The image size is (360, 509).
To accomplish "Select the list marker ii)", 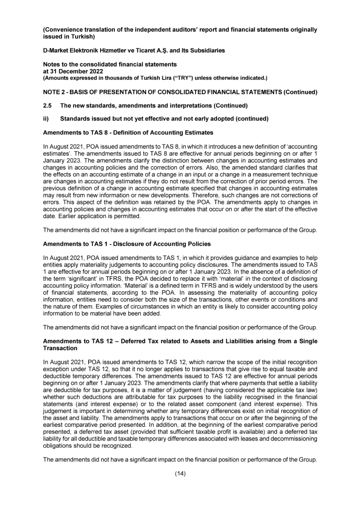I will pos(45,119).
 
